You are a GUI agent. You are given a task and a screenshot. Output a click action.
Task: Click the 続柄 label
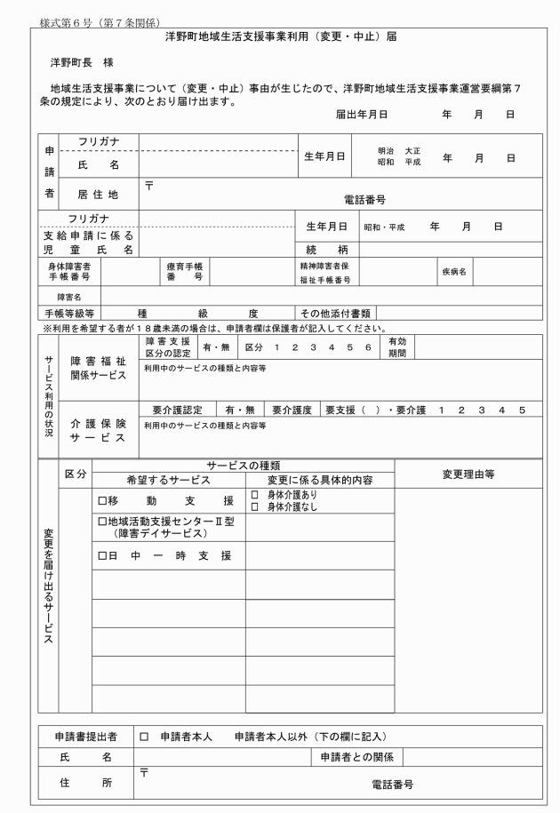click(x=325, y=249)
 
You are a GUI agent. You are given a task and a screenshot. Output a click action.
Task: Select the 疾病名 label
click(x=454, y=272)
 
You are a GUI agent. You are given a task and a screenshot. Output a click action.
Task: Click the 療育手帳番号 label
click(x=184, y=272)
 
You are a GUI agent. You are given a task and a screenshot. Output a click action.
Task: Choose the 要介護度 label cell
click(x=291, y=410)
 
